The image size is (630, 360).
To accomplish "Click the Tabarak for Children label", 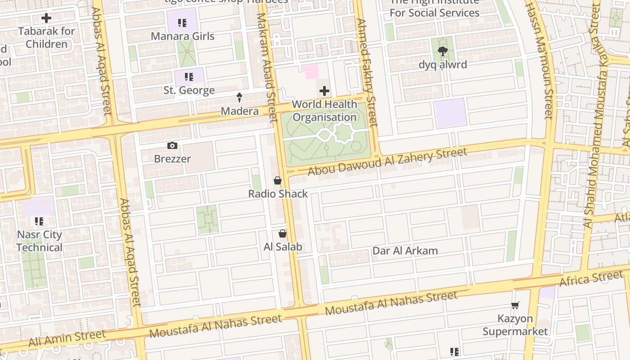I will [46, 38].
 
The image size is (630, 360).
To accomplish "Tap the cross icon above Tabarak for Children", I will [46, 18].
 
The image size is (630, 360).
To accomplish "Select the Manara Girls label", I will [182, 36].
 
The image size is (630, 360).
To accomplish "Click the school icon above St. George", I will [189, 77].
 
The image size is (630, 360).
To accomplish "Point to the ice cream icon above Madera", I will [239, 97].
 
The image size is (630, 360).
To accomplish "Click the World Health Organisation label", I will [324, 111].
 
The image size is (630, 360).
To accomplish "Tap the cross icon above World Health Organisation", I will [324, 91].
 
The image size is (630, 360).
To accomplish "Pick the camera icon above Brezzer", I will [172, 145].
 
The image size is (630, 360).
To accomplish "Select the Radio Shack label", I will [278, 194].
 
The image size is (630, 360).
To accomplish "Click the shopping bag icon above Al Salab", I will [282, 234].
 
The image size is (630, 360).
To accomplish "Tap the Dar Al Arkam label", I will [405, 251].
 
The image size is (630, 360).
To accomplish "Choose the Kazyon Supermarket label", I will [515, 325].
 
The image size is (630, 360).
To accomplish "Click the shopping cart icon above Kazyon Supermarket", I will [515, 306].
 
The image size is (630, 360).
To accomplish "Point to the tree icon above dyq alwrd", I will [443, 51].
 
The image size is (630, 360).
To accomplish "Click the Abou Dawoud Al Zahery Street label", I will [387, 162].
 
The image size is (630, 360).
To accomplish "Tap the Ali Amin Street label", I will [67, 337].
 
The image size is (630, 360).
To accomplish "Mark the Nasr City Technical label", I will [40, 241].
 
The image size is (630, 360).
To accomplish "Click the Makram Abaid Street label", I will [267, 67].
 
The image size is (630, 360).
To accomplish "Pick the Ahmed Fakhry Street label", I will [366, 72].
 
